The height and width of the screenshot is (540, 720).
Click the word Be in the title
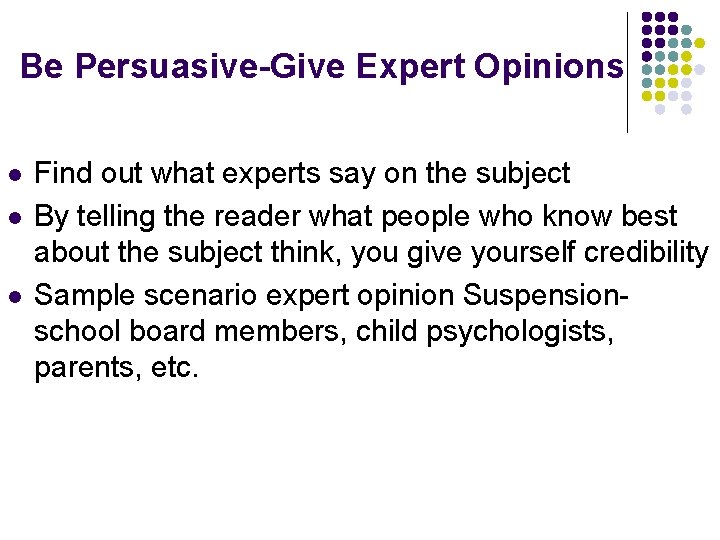click(x=41, y=67)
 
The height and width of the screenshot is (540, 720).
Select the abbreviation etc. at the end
click(x=172, y=367)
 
